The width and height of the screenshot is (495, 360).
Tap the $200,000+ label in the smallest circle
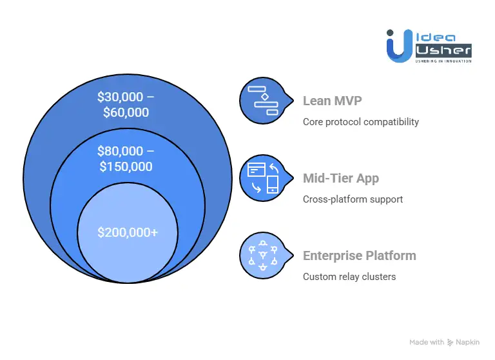tap(128, 232)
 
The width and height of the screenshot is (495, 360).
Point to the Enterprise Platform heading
tap(359, 255)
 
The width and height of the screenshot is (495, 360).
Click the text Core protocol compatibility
tap(360, 122)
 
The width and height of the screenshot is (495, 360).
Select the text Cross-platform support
tap(353, 199)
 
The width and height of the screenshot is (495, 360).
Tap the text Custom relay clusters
tap(349, 277)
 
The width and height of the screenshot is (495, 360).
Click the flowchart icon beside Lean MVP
tap(262, 100)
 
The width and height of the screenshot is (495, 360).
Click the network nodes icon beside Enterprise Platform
tap(262, 255)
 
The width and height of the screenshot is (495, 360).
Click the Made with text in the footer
tap(427, 342)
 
